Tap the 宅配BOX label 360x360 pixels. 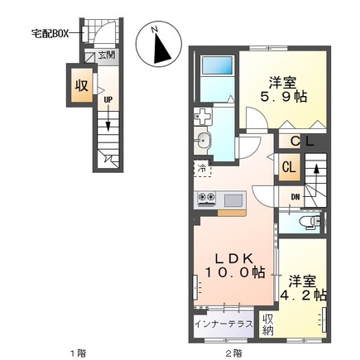pyautogui.click(x=51, y=34)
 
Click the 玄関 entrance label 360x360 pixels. pyautogui.click(x=106, y=56)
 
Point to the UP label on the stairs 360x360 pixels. pyautogui.click(x=108, y=99)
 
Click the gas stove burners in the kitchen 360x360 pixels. pyautogui.click(x=208, y=199)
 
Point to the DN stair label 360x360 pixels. pyautogui.click(x=295, y=196)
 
